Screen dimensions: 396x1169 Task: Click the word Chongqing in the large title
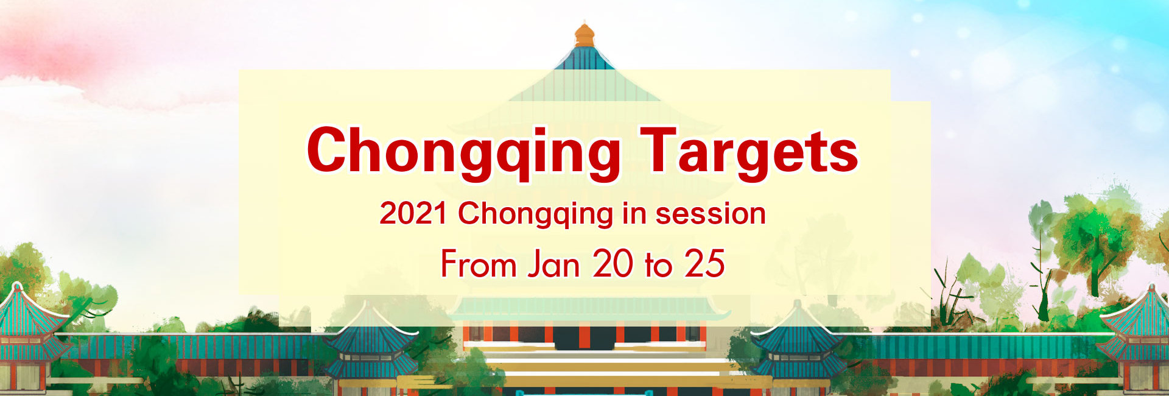point(463,151)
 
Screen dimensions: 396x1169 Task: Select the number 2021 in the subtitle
point(413,214)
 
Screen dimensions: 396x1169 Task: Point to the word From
point(479,264)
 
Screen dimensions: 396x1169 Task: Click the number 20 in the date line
point(613,264)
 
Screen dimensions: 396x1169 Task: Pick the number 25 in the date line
point(704,264)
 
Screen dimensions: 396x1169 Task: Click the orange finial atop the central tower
point(584,35)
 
